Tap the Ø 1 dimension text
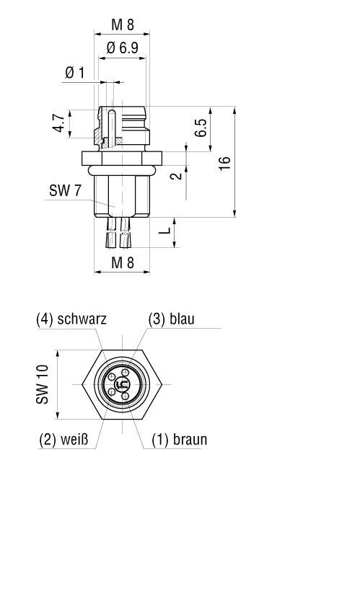click(74, 73)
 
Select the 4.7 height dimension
click(58, 123)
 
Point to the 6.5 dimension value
click(201, 128)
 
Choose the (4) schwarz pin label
click(71, 319)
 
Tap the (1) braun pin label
click(179, 439)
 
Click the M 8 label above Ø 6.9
click(122, 25)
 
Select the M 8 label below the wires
click(122, 263)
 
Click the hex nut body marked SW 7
click(121, 195)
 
